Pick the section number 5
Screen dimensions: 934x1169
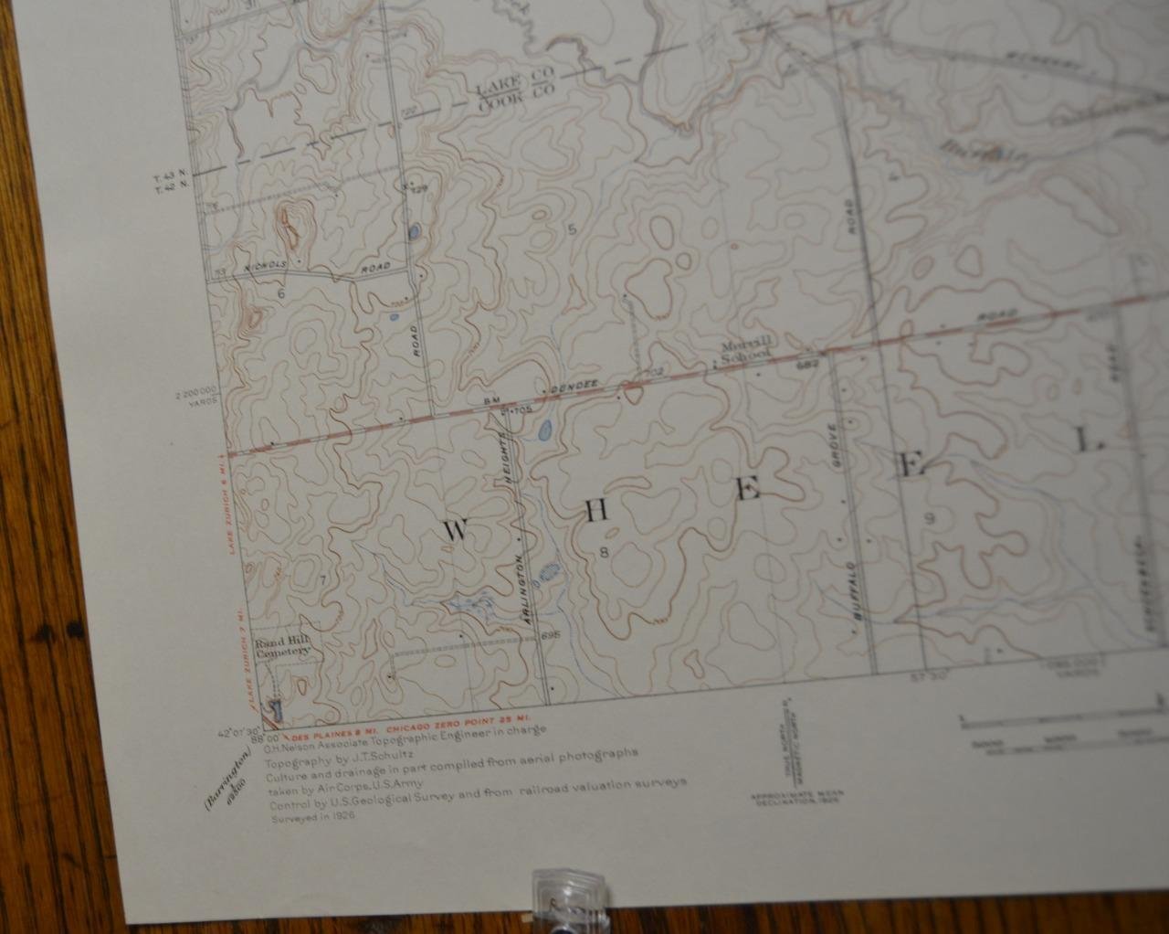tap(573, 229)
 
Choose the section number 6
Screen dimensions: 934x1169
tap(281, 293)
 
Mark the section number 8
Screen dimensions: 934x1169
tap(604, 551)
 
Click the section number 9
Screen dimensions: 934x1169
tap(930, 518)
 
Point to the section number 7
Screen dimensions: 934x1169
tap(322, 579)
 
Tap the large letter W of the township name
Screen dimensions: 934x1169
tap(456, 530)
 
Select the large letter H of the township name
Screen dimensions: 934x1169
tap(596, 510)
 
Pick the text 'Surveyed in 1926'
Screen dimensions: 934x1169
tap(312, 818)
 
